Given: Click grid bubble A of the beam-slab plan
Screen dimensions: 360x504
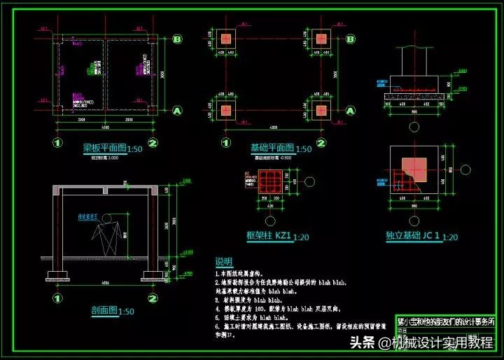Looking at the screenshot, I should coord(177,111).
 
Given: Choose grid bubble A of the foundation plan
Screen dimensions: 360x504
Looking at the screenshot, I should coord(352,111).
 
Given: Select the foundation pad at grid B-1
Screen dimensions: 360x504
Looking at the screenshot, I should coord(227,39).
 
